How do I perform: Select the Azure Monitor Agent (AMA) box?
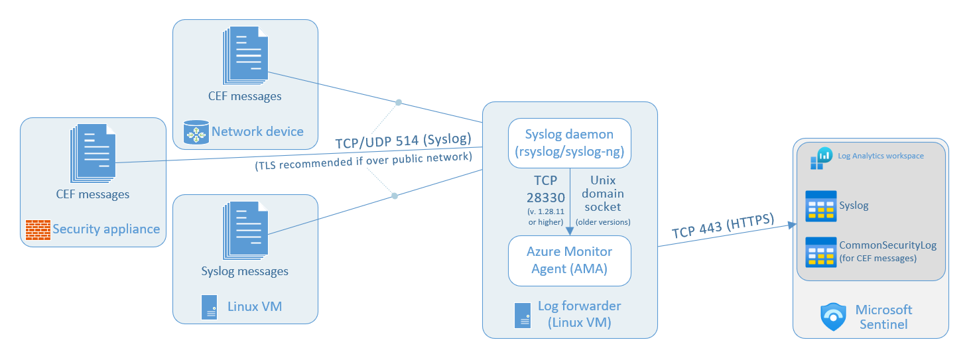[x=569, y=261]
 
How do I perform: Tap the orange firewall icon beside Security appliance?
[x=38, y=229]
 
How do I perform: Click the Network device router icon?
[x=196, y=133]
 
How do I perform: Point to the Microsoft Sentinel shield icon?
[x=834, y=317]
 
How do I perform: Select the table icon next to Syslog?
[x=820, y=206]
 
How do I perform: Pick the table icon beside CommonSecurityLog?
[x=820, y=252]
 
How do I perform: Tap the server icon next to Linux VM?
[x=210, y=307]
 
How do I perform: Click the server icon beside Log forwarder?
[x=523, y=314]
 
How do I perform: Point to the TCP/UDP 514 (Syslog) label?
[x=403, y=140]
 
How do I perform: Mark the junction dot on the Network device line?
[x=399, y=103]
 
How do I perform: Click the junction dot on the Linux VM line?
[x=395, y=196]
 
